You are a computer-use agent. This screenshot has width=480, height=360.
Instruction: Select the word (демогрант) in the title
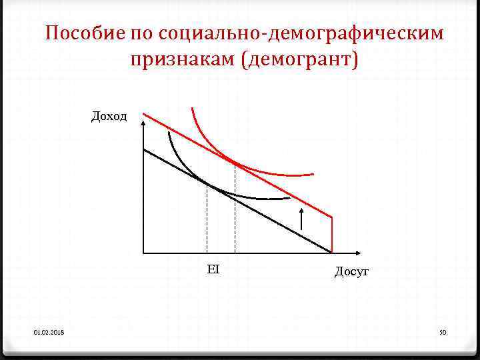point(300,60)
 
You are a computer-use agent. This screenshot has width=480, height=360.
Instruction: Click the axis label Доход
point(109,117)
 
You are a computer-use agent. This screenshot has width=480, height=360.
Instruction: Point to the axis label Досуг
point(351,271)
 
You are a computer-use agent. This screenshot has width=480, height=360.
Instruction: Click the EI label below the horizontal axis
point(213,269)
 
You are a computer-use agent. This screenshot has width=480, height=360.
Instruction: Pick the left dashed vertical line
point(207,220)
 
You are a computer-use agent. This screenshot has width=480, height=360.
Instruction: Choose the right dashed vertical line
point(235,213)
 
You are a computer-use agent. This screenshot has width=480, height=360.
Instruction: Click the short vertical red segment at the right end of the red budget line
point(332,233)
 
